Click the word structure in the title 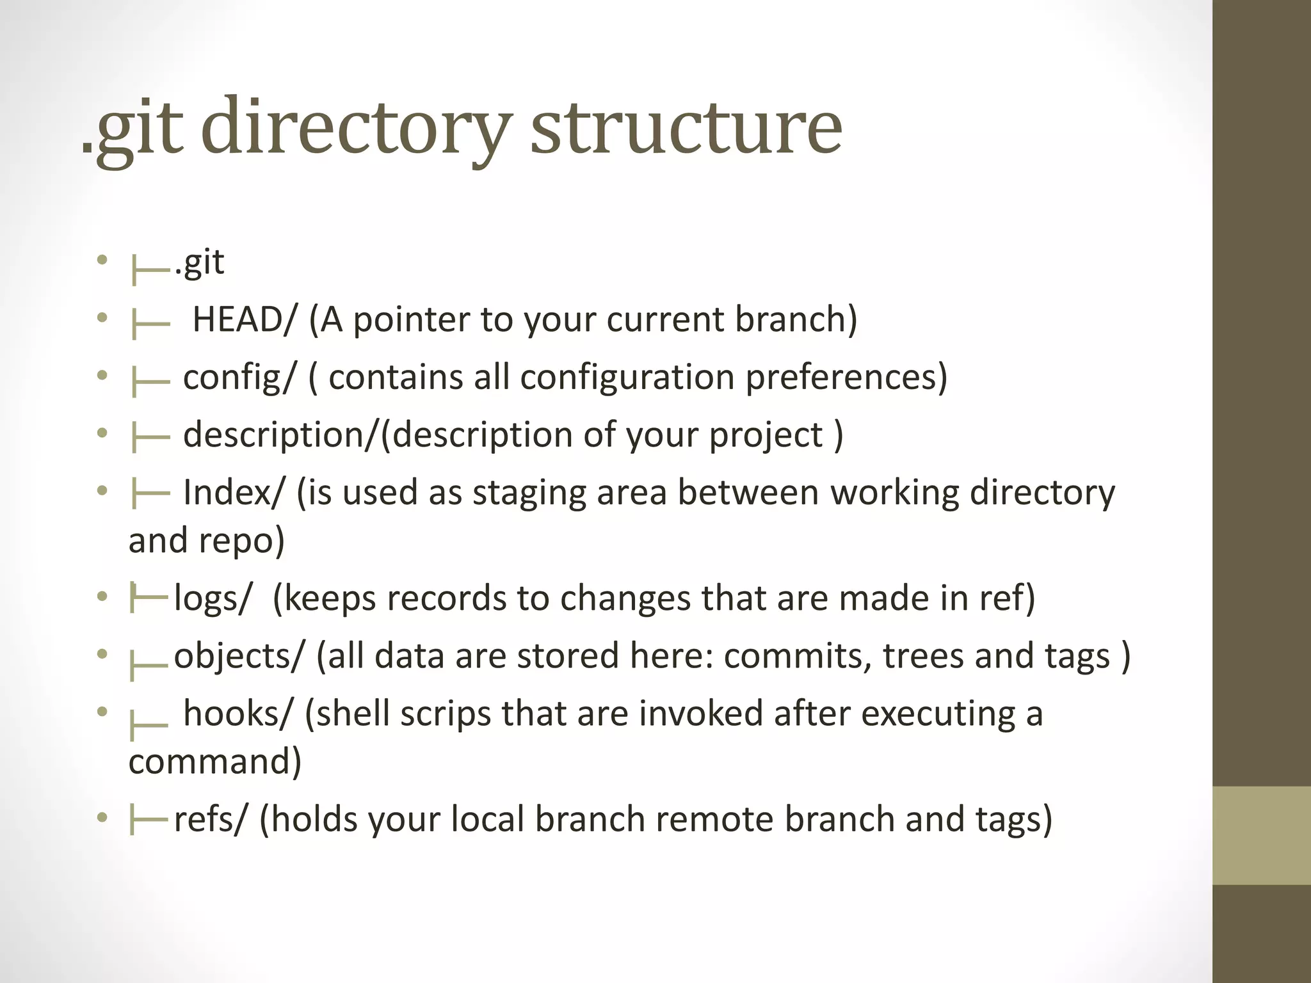tap(686, 128)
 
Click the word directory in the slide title tap(356, 128)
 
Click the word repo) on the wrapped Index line tap(242, 541)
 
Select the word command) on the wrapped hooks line tap(215, 762)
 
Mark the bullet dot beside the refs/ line tap(102, 818)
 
